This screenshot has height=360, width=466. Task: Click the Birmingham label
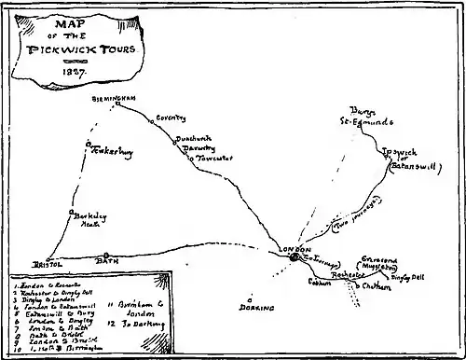click(115, 98)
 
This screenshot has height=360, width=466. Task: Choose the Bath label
click(108, 264)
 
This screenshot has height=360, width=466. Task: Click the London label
click(295, 248)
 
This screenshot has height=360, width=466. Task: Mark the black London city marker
click(294, 258)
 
